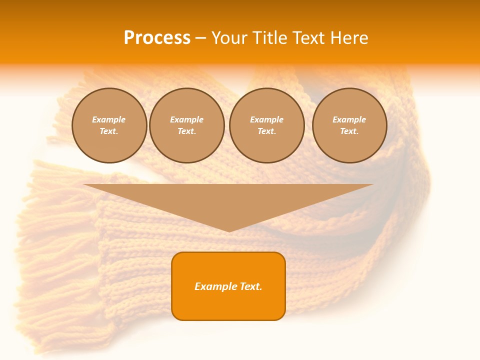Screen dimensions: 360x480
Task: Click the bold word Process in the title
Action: click(157, 38)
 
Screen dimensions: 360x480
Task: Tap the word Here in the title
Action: click(349, 38)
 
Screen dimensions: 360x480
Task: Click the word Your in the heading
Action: click(229, 38)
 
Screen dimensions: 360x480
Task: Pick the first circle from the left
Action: click(109, 125)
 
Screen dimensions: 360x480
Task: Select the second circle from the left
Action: click(186, 125)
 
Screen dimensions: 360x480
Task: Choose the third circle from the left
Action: click(266, 125)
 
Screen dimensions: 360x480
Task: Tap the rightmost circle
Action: click(349, 125)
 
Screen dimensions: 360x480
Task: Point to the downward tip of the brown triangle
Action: click(229, 230)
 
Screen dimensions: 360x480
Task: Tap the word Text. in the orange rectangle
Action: click(250, 286)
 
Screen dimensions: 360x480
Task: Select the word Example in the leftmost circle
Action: click(109, 119)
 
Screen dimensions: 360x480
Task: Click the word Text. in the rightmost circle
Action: click(349, 131)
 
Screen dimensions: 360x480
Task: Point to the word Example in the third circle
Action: click(266, 119)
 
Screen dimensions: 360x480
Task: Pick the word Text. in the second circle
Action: click(186, 131)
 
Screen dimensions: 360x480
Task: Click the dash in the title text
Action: click(200, 38)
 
